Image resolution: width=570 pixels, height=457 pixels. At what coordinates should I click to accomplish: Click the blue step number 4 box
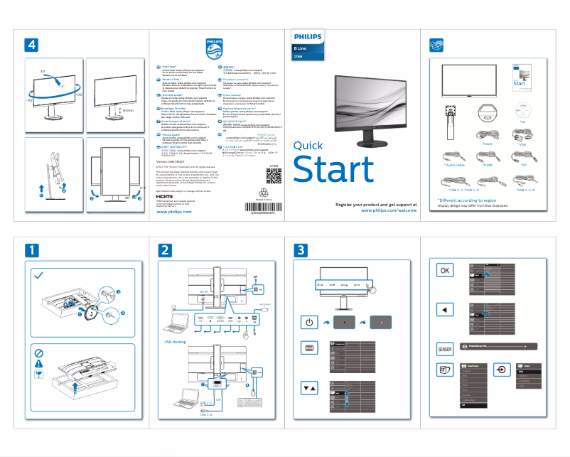point(31,45)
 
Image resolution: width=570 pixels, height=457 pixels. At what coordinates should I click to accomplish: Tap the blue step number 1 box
point(31,250)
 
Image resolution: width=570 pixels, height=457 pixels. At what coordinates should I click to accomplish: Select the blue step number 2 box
point(165,250)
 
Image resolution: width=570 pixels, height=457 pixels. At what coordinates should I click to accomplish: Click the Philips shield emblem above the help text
point(214,50)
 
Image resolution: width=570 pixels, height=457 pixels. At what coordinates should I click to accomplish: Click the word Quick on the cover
point(308,146)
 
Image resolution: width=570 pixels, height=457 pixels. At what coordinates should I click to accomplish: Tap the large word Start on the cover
point(333,169)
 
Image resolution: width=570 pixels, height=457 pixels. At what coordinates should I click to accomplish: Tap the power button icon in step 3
point(308,322)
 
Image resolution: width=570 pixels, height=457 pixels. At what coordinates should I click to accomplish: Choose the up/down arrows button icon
point(308,389)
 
